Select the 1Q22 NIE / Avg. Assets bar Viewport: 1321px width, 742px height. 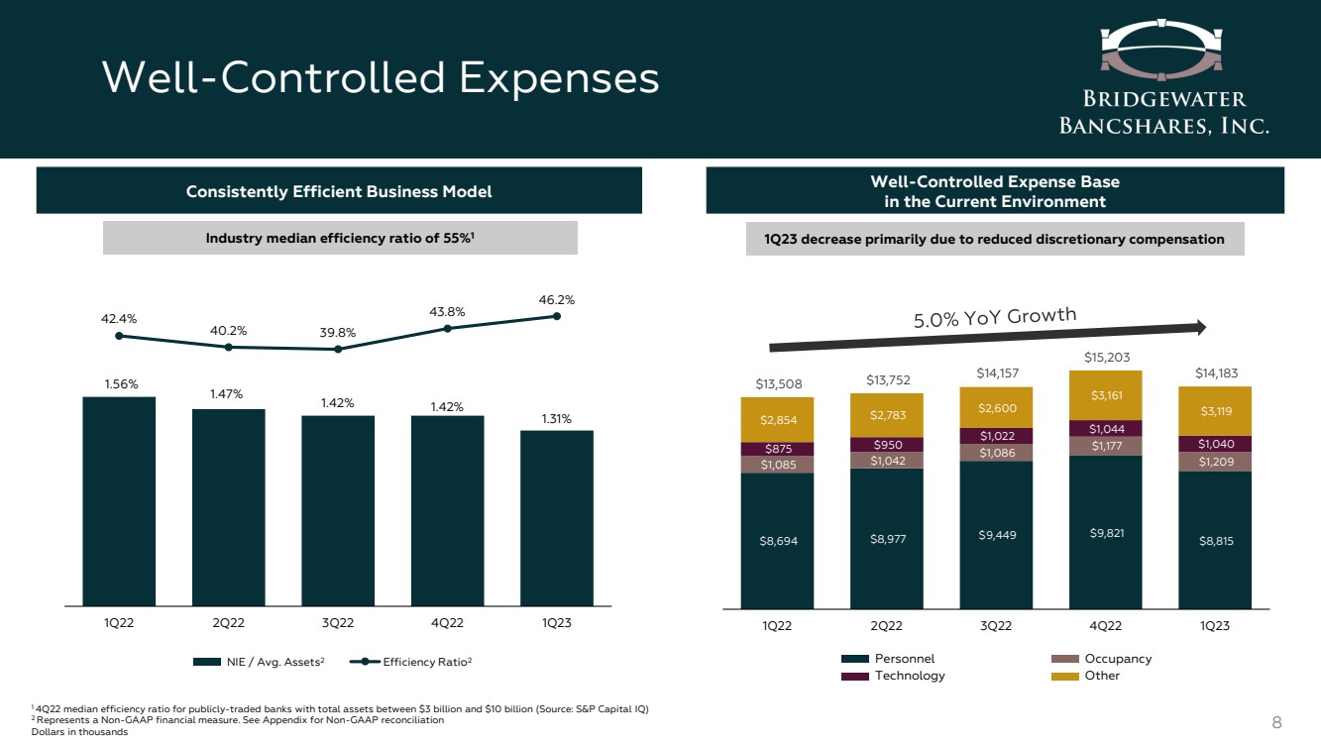coord(119,500)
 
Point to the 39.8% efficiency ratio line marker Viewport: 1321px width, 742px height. coord(338,349)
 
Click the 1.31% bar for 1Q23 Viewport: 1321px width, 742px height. coord(557,517)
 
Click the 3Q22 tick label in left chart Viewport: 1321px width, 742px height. coord(338,623)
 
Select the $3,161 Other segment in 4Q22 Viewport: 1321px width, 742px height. coord(1105,395)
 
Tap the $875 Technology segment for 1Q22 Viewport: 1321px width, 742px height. coord(777,449)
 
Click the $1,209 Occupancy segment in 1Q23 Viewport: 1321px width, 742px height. coord(1214,462)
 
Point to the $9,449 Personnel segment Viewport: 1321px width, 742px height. coord(996,535)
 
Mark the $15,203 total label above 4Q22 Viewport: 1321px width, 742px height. coord(1105,357)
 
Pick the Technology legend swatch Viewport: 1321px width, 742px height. coord(855,676)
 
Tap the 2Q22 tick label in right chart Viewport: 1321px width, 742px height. coord(886,625)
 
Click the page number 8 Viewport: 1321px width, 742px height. coord(1276,722)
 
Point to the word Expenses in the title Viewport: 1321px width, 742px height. coord(560,78)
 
